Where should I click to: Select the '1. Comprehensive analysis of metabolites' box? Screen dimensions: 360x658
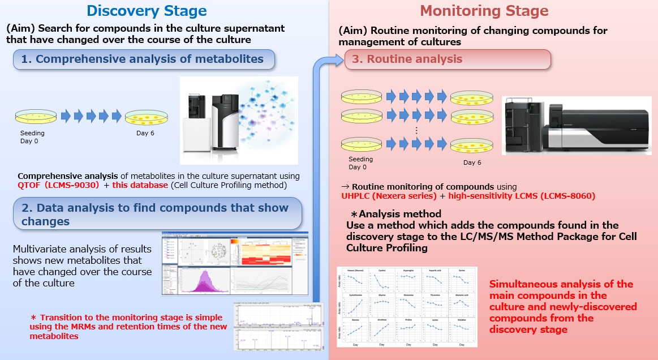coord(144,59)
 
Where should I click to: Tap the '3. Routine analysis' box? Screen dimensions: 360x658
coord(448,59)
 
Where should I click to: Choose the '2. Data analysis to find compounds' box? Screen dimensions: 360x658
coord(157,215)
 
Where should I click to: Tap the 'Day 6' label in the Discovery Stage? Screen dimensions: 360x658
coord(145,134)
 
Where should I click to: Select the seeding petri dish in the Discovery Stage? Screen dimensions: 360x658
coord(36,117)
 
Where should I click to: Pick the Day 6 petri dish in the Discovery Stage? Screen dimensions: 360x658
coord(145,117)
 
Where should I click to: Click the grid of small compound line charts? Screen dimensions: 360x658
coord(407,306)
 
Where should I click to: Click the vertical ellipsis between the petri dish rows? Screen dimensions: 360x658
coord(416,130)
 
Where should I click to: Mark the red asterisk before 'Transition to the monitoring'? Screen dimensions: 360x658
coord(33,318)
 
